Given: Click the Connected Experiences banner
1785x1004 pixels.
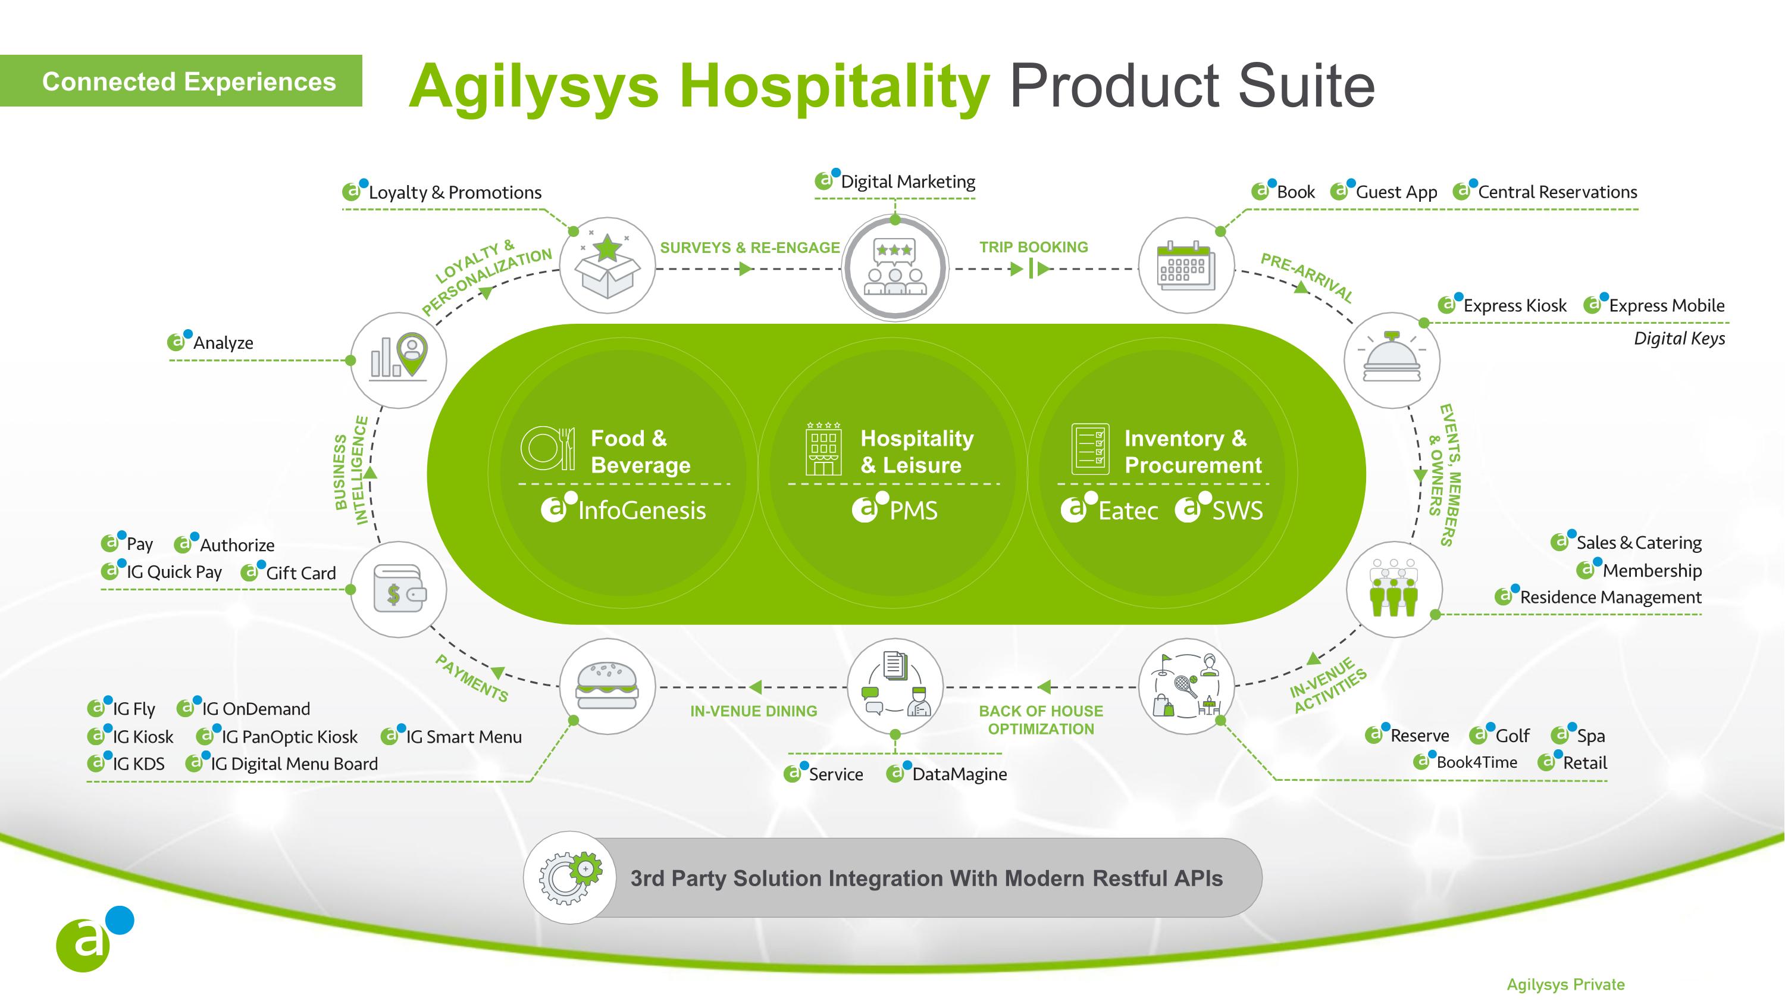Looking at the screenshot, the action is click(x=181, y=81).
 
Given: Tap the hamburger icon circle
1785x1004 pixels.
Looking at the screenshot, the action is click(x=607, y=686).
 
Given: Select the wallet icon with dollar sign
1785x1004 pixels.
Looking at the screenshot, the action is click(x=399, y=590).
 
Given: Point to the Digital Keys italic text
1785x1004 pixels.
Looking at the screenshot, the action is click(x=1680, y=339).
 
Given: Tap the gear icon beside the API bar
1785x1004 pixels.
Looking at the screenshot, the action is click(x=569, y=877).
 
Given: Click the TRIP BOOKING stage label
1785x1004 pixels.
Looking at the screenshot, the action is click(x=1033, y=248).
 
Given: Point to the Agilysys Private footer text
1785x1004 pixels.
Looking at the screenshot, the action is click(x=1566, y=984).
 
